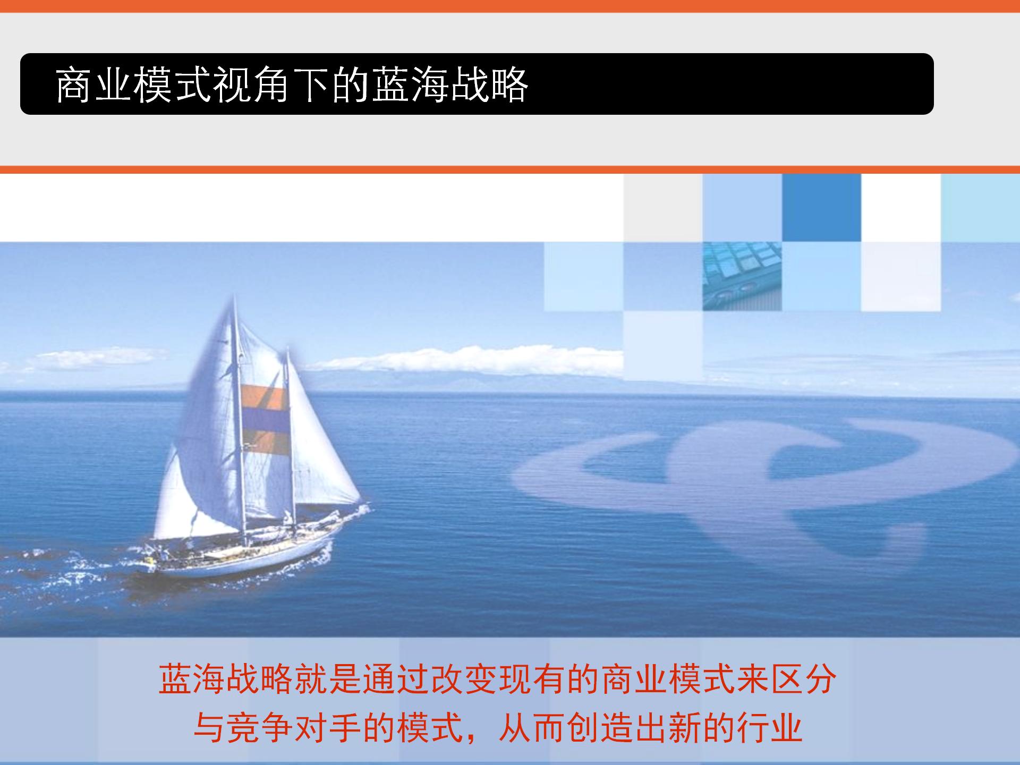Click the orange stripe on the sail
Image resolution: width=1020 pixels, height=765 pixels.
click(263, 395)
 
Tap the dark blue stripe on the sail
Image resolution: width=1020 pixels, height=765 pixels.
click(264, 420)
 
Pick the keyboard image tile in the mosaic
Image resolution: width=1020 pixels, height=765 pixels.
click(742, 276)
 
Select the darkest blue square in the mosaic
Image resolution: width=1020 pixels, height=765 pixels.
click(821, 208)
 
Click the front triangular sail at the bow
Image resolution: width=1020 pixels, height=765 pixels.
click(327, 457)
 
